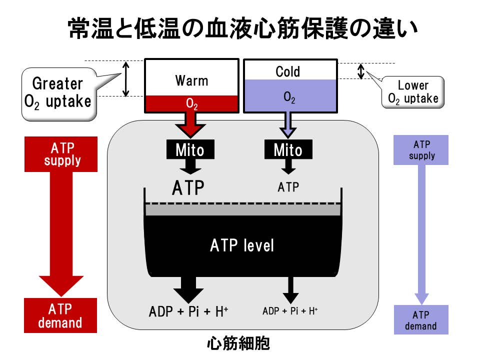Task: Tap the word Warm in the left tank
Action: point(191,80)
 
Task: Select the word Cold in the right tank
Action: point(288,72)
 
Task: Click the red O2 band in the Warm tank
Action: point(191,103)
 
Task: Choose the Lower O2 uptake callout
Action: point(413,92)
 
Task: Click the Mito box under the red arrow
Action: point(189,150)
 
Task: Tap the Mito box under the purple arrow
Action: point(287,150)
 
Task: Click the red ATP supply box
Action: point(61,154)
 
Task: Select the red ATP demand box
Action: point(61,315)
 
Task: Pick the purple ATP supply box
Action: point(421,150)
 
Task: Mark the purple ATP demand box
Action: point(421,320)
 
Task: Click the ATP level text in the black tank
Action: point(242,245)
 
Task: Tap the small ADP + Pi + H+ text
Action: point(290,310)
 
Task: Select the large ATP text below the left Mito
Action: point(188,188)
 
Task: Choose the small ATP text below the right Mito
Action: point(288,187)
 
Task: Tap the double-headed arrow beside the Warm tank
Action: point(126,78)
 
